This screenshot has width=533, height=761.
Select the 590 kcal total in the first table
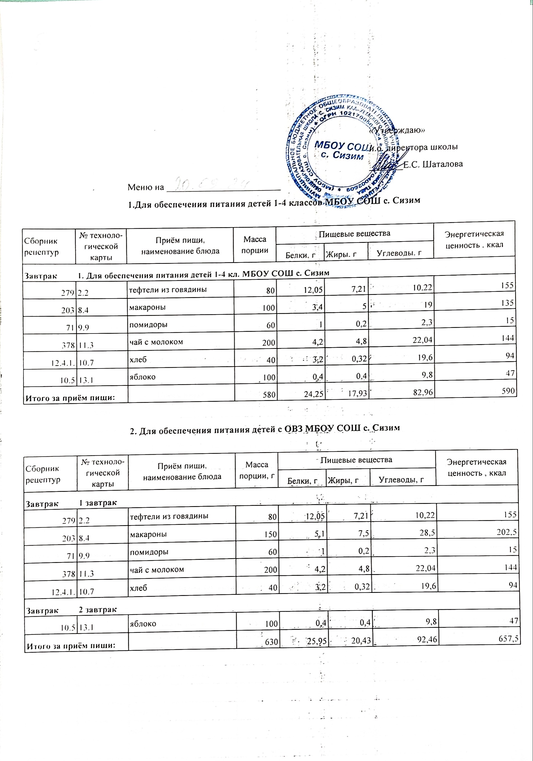[x=508, y=391]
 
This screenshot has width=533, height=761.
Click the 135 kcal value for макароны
[x=508, y=303]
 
